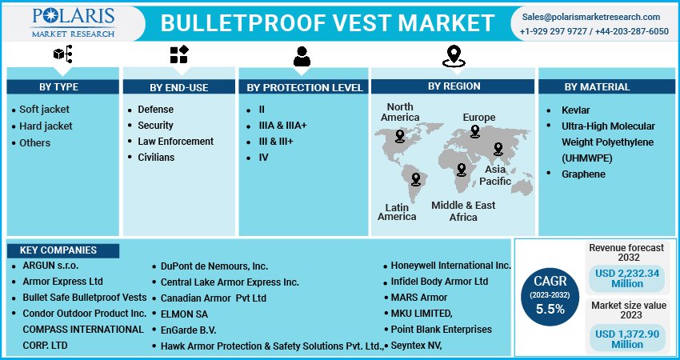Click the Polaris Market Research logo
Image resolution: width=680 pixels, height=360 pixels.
click(74, 22)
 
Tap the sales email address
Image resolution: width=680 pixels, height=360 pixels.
click(590, 17)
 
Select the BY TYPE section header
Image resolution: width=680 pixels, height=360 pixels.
click(59, 86)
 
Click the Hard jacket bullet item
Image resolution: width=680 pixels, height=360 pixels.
click(46, 126)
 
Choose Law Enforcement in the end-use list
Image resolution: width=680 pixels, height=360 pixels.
click(176, 142)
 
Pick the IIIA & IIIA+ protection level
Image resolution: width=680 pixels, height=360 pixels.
click(282, 126)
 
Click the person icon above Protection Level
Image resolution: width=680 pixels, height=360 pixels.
click(302, 56)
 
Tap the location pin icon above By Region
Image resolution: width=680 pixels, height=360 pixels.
click(454, 56)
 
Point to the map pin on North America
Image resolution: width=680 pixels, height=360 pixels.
click(400, 136)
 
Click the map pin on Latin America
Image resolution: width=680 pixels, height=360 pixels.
click(416, 179)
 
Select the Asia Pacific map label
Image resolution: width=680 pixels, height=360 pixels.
click(495, 175)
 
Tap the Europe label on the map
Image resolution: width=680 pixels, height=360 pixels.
click(478, 118)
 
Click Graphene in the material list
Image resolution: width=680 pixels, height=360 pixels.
click(583, 174)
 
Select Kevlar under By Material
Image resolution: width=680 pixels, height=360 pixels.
click(575, 110)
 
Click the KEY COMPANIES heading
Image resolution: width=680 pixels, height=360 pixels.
click(58, 250)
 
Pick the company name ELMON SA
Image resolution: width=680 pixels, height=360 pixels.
click(184, 314)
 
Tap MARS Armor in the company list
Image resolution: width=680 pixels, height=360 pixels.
click(419, 298)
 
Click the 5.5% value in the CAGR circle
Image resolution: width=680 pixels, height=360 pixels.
click(550, 310)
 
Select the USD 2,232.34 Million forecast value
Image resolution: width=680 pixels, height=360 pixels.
click(627, 278)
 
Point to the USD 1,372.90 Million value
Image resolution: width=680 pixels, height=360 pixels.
click(627, 339)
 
